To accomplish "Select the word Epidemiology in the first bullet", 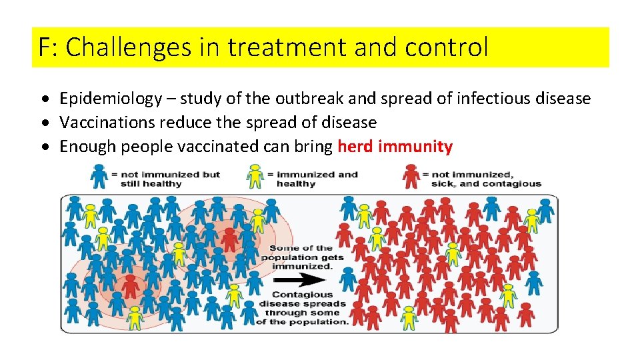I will pos(111,99).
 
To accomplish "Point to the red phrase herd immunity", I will pos(395,147).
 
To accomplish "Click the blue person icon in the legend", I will pos(99,177).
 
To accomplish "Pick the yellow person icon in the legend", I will pos(255,177).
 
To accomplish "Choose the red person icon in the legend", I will pos(411,177).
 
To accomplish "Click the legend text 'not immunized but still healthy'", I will pos(165,179).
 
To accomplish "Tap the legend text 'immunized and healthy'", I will pos(317,179).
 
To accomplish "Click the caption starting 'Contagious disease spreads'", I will pos(303,308).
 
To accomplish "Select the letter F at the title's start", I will pos(45,48).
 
